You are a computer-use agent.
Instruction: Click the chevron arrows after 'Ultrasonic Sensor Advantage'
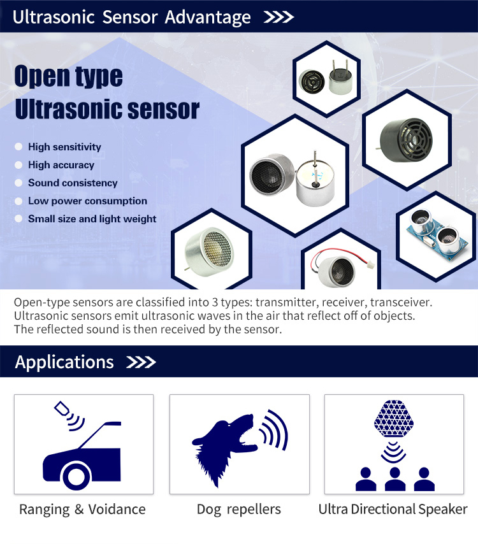(x=279, y=17)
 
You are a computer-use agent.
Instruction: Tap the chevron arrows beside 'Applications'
(x=141, y=362)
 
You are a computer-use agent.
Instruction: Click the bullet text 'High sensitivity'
(x=64, y=147)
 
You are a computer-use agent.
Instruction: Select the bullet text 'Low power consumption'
(x=87, y=201)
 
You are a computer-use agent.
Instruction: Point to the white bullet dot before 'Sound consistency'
(x=18, y=183)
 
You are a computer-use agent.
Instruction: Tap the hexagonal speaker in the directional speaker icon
(x=394, y=418)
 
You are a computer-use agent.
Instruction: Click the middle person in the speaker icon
(x=395, y=479)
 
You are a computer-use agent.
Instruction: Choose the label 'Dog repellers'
(x=239, y=510)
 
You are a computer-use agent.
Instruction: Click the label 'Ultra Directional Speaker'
(x=393, y=510)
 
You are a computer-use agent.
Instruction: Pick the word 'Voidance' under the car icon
(x=117, y=510)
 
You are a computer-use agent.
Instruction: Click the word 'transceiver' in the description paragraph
(x=401, y=302)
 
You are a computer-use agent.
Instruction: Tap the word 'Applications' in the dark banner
(x=64, y=362)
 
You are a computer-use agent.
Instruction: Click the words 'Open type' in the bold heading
(x=68, y=76)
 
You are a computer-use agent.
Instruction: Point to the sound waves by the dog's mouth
(x=274, y=429)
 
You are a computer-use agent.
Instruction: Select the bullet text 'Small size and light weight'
(x=92, y=219)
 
